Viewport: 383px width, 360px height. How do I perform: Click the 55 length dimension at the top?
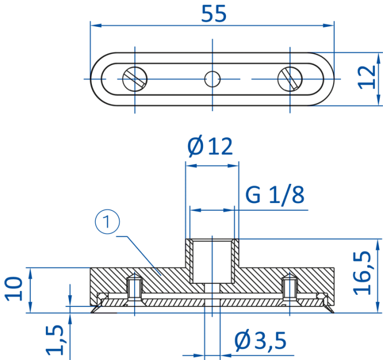[214, 14]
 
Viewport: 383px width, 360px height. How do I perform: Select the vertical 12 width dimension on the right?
[367, 77]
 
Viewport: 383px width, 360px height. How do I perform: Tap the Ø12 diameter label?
[210, 146]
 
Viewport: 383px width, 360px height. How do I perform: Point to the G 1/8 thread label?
[275, 195]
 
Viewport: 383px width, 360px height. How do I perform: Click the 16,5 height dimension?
[362, 272]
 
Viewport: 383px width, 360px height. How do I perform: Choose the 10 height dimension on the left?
[14, 289]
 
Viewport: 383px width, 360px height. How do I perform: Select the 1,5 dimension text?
[55, 340]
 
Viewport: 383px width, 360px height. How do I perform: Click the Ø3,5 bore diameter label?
[260, 340]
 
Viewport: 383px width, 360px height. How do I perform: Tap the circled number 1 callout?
[107, 222]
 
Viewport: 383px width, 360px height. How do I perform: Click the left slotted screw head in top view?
[135, 79]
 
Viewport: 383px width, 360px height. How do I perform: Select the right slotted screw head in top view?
[290, 79]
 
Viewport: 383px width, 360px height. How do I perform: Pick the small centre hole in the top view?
[212, 79]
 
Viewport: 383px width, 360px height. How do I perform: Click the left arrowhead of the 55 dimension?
[96, 25]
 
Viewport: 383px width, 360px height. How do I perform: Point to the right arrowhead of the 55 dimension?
[328, 25]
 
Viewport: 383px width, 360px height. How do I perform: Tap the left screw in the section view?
[135, 288]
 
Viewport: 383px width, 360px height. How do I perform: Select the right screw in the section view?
[289, 288]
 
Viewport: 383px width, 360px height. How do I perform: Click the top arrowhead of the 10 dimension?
[30, 274]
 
